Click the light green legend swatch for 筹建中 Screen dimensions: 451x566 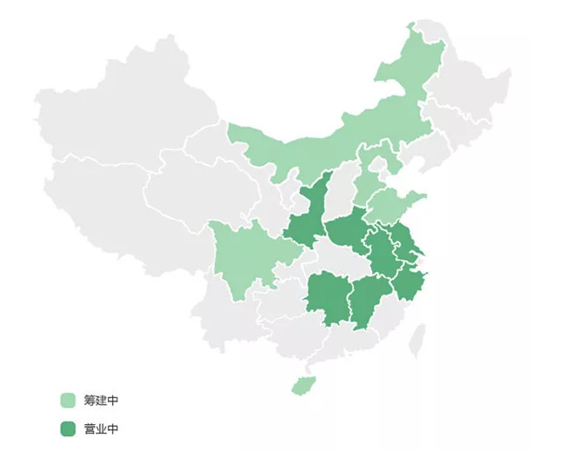[69, 401]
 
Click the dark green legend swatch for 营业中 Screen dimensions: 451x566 [69, 428]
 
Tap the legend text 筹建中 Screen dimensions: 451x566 [101, 401]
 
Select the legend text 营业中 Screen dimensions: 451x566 [101, 428]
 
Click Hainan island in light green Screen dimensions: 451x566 [301, 383]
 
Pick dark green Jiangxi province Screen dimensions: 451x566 [370, 300]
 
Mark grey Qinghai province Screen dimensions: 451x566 [204, 196]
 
